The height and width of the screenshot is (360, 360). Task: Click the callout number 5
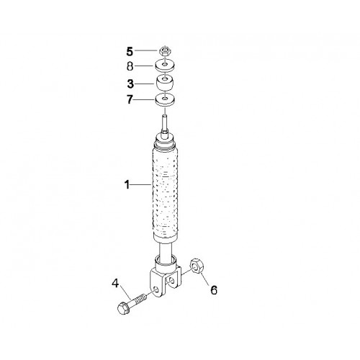click(x=130, y=52)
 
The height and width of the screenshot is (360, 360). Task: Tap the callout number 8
click(x=130, y=66)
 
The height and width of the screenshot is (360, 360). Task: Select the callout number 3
click(x=130, y=84)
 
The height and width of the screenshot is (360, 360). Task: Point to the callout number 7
click(x=130, y=99)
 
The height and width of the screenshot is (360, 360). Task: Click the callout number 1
click(x=127, y=185)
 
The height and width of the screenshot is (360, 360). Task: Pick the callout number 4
click(x=115, y=284)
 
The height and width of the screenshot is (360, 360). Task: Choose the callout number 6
click(x=214, y=290)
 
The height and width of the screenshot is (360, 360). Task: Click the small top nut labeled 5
click(x=165, y=51)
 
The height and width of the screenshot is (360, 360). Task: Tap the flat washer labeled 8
click(x=165, y=66)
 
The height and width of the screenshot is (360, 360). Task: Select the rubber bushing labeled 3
click(x=165, y=84)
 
